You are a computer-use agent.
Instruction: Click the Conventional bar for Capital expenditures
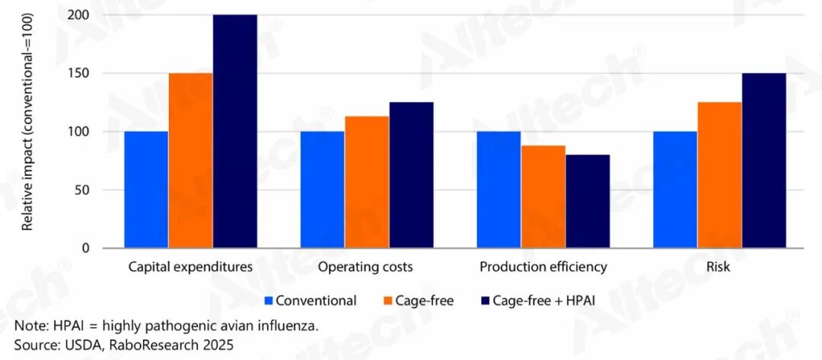(x=146, y=190)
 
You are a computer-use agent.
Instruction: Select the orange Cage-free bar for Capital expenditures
(x=190, y=161)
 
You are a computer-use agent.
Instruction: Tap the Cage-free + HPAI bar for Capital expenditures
(x=234, y=132)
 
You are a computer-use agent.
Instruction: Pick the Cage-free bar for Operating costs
(x=367, y=182)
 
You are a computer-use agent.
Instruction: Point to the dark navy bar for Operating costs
(x=411, y=175)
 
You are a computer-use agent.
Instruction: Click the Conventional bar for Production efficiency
(x=499, y=190)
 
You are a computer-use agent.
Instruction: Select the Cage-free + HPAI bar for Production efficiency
(x=587, y=202)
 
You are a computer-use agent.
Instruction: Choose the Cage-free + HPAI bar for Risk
(x=763, y=161)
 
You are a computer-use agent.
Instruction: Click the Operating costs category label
(x=365, y=267)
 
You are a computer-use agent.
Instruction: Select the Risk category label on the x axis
(x=718, y=267)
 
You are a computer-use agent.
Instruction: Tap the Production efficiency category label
(x=543, y=267)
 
